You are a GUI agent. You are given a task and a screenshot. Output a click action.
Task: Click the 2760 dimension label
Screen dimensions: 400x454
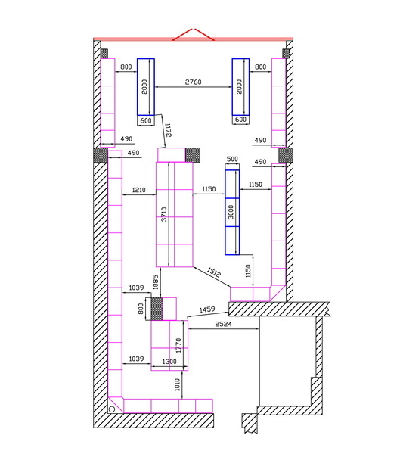pos(193,82)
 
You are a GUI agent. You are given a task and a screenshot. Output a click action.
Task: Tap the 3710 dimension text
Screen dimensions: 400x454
pos(164,214)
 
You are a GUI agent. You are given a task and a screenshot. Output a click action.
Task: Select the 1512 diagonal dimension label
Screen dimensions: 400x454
pos(214,272)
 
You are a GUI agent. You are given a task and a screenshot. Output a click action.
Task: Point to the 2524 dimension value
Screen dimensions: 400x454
pos(223,324)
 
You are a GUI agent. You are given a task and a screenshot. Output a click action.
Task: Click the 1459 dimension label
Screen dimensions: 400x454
pos(207,309)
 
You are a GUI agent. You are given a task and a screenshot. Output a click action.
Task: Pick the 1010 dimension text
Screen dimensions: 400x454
pos(178,384)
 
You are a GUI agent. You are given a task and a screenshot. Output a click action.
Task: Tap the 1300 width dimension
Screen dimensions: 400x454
pos(169,362)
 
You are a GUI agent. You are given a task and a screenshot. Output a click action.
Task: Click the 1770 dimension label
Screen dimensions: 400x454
pos(178,345)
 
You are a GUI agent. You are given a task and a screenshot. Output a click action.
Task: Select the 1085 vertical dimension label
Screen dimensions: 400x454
pos(156,282)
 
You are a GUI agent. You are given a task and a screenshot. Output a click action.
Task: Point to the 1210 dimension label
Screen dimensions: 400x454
pos(138,190)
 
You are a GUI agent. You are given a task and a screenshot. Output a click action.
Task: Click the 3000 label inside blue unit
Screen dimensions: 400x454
pos(231,212)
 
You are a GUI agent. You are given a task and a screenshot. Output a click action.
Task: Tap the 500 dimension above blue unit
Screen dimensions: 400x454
pos(232,159)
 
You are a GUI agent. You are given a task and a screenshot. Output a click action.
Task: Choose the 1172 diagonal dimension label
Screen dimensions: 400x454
pos(168,130)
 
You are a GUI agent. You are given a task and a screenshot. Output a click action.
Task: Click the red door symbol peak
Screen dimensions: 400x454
pos(193,29)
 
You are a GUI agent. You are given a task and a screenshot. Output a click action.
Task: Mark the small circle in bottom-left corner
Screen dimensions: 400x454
pos(112,409)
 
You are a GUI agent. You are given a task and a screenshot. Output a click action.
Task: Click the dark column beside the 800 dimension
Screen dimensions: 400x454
pos(157,309)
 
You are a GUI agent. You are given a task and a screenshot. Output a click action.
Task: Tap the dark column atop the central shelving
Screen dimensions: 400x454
pos(193,155)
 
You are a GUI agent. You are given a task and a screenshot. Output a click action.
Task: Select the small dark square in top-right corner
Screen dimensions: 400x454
pos(286,54)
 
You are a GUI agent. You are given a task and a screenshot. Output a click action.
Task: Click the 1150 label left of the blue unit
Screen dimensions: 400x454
pos(209,189)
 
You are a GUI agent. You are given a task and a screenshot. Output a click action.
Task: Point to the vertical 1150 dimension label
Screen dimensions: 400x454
pos(248,271)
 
